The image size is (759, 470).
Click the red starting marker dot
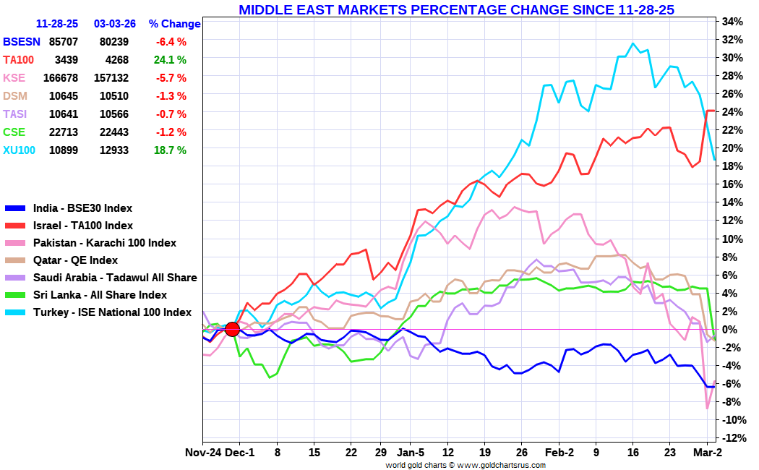pyautogui.click(x=233, y=329)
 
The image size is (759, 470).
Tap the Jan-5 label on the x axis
pyautogui.click(x=410, y=453)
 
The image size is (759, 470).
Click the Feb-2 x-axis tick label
pyautogui.click(x=559, y=453)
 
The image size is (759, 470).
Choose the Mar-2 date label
pyautogui.click(x=708, y=453)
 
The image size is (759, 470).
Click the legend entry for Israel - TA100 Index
pyautogui.click(x=82, y=226)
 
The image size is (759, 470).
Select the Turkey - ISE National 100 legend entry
pyautogui.click(x=112, y=312)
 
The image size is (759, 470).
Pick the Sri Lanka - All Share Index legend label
pyautogui.click(x=100, y=295)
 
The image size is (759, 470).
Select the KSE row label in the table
pyautogui.click(x=14, y=78)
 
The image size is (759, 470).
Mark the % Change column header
pyautogui.click(x=174, y=24)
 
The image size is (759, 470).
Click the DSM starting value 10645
pyautogui.click(x=64, y=96)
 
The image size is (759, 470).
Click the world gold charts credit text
pyautogui.click(x=465, y=465)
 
